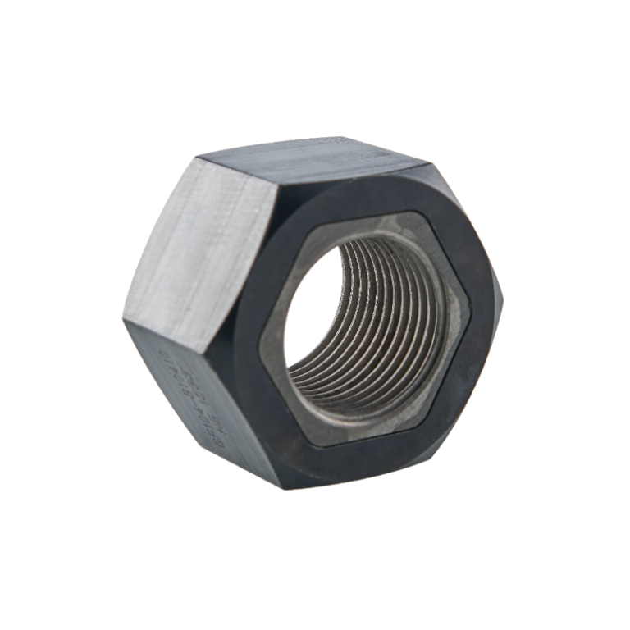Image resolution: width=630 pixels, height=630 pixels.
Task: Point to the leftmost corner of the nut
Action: [x=123, y=316]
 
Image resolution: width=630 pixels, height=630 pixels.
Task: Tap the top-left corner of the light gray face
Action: [x=195, y=157]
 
